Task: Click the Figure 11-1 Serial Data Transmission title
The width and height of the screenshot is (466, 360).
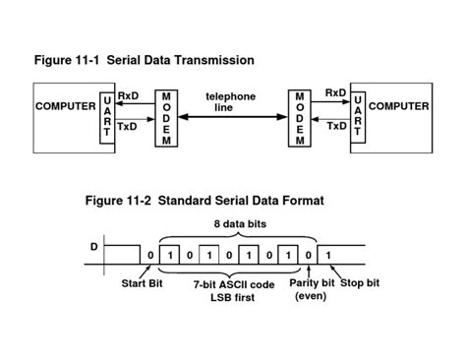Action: (x=145, y=60)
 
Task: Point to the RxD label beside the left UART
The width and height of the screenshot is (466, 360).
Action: (x=129, y=95)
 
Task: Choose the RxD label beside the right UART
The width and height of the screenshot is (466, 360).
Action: (x=335, y=95)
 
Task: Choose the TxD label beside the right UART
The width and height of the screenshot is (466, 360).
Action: (x=335, y=127)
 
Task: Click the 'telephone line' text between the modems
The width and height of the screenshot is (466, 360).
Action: (x=231, y=101)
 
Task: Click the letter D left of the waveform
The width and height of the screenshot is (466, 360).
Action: (x=94, y=246)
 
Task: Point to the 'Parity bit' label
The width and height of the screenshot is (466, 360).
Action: (x=311, y=284)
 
